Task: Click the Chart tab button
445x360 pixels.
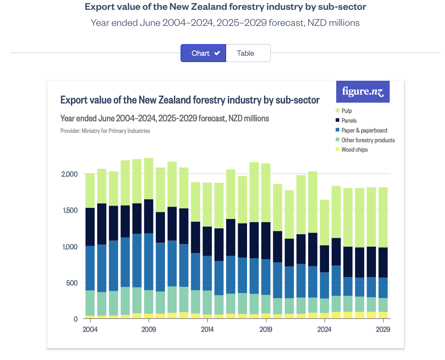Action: (203, 53)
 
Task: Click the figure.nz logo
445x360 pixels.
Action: (363, 92)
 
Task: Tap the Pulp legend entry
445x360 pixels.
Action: (346, 111)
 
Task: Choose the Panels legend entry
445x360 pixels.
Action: (349, 120)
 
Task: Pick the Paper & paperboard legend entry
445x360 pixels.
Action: (364, 130)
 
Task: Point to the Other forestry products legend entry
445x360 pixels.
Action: (368, 140)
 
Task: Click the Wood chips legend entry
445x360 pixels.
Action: (354, 150)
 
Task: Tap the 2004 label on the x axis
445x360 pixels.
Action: (91, 330)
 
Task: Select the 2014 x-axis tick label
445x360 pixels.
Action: (207, 330)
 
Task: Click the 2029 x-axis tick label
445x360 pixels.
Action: (383, 330)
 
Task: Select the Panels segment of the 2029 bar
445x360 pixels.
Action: (383, 262)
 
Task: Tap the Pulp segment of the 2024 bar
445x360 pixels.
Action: (325, 221)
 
